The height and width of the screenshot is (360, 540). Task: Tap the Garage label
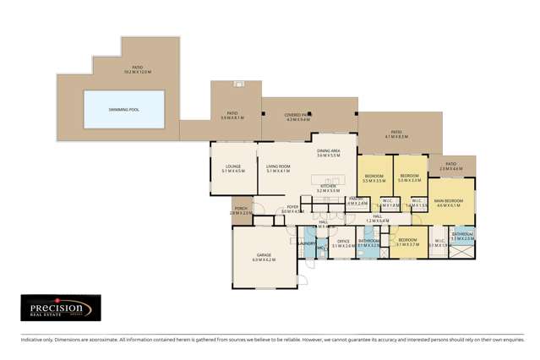coord(264,254)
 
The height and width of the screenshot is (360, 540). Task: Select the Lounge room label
coord(233,166)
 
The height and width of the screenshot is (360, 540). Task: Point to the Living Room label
coord(279,166)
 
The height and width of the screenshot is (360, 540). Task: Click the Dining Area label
coord(328,151)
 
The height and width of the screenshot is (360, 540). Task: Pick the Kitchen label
coord(328,187)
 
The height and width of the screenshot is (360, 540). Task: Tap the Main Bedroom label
coord(448,200)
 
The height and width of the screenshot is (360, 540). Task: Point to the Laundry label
coord(306,243)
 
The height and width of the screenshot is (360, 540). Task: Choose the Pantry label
coord(357,200)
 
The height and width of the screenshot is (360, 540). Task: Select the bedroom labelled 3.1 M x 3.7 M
coord(407,242)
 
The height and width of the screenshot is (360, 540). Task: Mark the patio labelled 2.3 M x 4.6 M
coord(451,166)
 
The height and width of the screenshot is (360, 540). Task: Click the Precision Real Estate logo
coord(61,308)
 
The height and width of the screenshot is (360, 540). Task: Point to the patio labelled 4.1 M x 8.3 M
coord(396,134)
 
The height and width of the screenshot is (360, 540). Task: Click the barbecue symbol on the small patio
coord(239,84)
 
